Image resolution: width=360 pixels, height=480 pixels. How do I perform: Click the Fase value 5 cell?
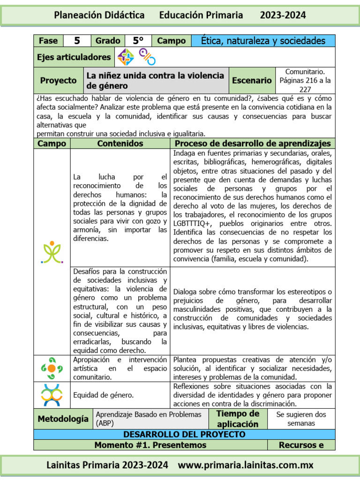(77, 41)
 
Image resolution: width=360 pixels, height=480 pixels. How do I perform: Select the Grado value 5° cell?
(138, 41)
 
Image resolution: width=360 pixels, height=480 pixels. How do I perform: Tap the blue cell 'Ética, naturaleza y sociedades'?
(263, 41)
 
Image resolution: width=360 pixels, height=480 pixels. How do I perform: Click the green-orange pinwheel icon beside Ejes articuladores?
(126, 57)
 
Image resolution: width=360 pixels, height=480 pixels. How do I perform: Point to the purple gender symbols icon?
(147, 57)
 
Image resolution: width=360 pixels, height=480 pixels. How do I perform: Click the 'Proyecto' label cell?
(58, 80)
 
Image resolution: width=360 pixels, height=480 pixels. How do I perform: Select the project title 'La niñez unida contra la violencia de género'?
(155, 80)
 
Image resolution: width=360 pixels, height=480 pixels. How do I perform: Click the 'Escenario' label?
(252, 80)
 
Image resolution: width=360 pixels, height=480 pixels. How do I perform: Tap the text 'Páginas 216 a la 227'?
(305, 84)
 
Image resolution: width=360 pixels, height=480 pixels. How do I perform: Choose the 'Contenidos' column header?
(120, 143)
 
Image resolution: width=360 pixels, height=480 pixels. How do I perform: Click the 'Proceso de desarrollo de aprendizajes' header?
(253, 143)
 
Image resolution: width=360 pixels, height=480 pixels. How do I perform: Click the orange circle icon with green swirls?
(52, 368)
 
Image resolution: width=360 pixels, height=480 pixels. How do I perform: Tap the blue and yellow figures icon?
(52, 395)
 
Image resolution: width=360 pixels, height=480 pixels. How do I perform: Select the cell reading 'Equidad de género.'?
(103, 395)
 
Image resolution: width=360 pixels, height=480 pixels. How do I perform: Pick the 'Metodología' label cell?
(62, 419)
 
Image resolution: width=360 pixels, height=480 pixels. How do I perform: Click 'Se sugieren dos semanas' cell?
(301, 419)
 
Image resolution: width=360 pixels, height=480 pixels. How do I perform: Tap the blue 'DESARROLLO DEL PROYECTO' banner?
(184, 435)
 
